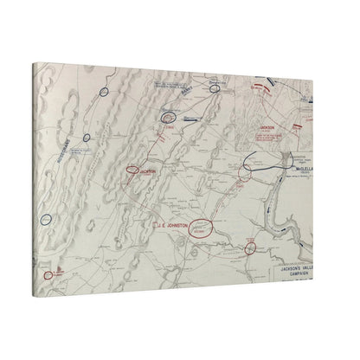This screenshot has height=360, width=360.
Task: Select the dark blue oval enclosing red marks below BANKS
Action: click(x=169, y=116)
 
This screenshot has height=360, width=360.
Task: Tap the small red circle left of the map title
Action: click(x=250, y=248)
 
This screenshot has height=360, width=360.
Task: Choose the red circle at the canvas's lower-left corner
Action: click(x=48, y=275)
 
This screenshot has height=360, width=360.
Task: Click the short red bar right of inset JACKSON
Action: click(x=298, y=126)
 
